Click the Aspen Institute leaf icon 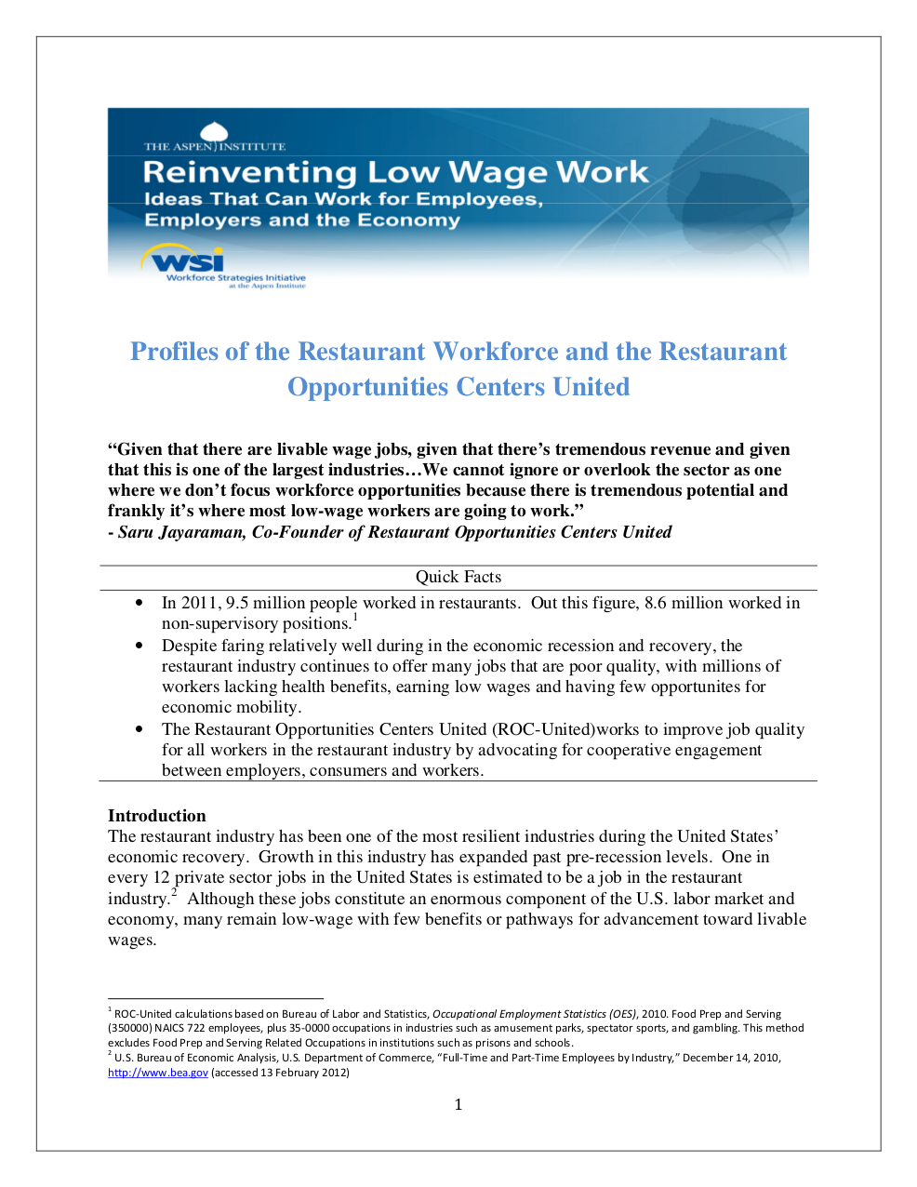coord(215,134)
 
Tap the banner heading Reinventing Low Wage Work coord(395,172)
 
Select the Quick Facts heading coord(458,577)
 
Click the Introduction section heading coord(156,816)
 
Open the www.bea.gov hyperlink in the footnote coord(157,1073)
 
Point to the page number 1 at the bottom coord(458,1104)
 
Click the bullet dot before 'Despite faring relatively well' coord(140,646)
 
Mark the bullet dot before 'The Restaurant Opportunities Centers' coord(140,729)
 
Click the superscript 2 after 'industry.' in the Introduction coord(174,893)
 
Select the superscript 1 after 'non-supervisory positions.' coord(355,617)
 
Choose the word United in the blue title coord(591,387)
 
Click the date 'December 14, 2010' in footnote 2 coord(731,1058)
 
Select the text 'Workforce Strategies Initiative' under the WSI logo coord(235,277)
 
